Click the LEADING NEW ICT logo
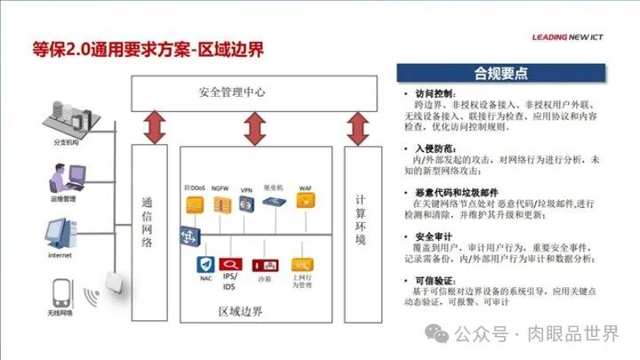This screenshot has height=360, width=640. [x=579, y=38]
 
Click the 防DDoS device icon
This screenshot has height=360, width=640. [x=195, y=204]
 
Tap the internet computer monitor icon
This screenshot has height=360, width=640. [x=60, y=235]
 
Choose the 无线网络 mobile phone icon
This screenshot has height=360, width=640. [x=62, y=297]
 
